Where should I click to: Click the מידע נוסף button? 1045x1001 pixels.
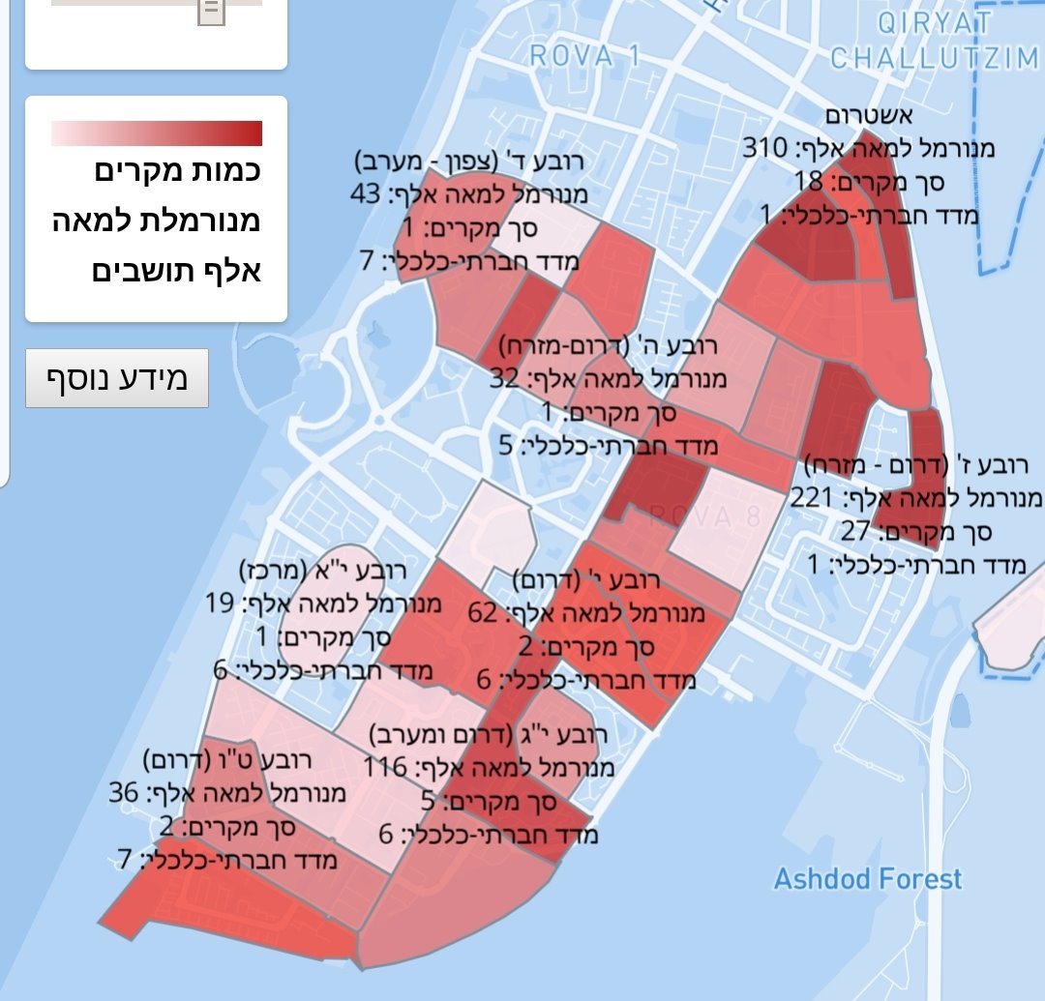[x=117, y=378]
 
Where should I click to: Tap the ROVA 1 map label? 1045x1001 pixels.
[x=584, y=55]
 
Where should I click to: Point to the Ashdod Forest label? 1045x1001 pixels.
[x=867, y=879]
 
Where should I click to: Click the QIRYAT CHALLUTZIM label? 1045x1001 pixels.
[x=933, y=41]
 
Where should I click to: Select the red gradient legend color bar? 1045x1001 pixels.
[x=157, y=132]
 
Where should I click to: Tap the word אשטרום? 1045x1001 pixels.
[x=868, y=116]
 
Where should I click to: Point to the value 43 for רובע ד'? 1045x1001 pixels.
[x=366, y=194]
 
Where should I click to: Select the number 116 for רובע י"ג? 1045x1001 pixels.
[x=384, y=769]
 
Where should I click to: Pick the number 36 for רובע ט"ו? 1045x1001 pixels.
[x=124, y=794]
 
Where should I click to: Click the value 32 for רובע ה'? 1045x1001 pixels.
[x=505, y=379]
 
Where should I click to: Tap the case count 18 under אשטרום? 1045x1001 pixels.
[x=808, y=181]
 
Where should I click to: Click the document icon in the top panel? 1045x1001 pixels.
[x=211, y=12]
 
